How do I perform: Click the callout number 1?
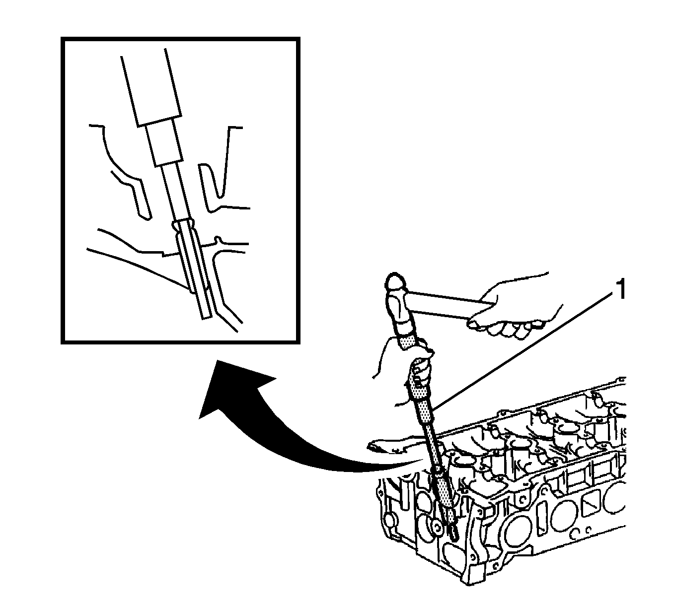(x=621, y=290)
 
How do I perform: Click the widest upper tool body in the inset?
(x=151, y=87)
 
